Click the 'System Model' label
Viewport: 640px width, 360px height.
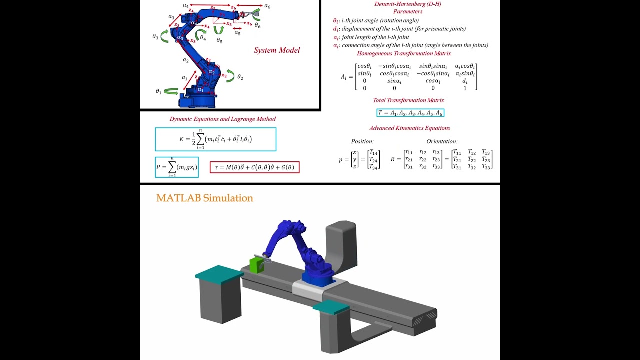pos(277,50)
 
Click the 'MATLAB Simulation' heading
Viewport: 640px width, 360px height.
pos(204,198)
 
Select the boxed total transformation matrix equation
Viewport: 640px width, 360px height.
pos(410,113)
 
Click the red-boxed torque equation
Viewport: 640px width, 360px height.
pos(254,167)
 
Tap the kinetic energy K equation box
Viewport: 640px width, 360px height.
pos(215,139)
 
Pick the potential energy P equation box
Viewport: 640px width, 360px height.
pos(177,167)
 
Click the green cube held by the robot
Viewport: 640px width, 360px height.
pos(256,265)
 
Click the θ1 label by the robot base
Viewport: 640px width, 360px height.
pos(158,91)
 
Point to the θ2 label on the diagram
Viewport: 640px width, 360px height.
pos(240,77)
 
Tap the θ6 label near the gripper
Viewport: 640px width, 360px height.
pos(257,25)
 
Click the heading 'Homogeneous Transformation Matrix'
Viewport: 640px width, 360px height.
pos(404,53)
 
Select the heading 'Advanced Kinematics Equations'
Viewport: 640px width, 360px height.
pos(409,128)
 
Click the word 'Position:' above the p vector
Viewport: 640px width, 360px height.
pos(362,141)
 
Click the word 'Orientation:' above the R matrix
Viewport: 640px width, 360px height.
pos(442,141)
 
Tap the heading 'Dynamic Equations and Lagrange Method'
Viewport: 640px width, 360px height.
pos(222,119)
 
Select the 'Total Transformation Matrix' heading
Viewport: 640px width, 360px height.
pos(408,100)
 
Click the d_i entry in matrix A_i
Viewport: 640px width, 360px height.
pos(465,81)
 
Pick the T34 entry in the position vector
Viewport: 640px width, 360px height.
pos(374,167)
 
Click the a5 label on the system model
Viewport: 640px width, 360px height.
pos(237,33)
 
